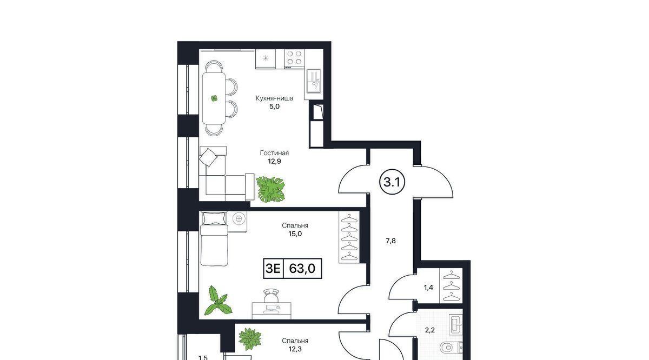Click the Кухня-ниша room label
[274, 98]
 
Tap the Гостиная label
[274, 153]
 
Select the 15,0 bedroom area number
[295, 234]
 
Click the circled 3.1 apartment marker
[392, 182]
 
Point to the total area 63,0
[302, 269]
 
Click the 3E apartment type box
[273, 269]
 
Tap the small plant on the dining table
[214, 98]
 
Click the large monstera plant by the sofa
[270, 189]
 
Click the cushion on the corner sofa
[208, 157]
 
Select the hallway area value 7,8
[390, 241]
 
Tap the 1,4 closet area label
[428, 288]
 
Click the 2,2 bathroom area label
[429, 330]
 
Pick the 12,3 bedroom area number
[295, 349]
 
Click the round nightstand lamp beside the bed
[239, 219]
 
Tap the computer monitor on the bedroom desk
[271, 308]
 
